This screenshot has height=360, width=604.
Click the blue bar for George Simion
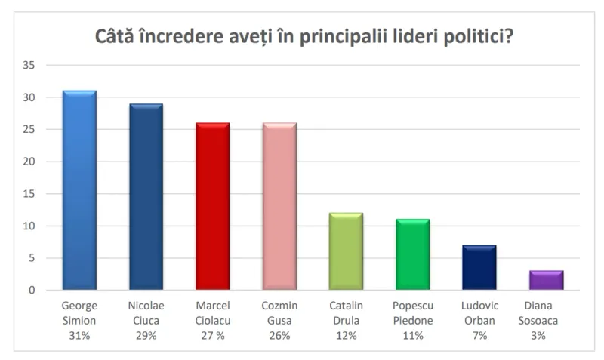(x=79, y=190)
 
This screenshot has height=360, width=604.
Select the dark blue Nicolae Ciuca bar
(x=146, y=197)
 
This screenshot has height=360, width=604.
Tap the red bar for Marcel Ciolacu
(x=213, y=206)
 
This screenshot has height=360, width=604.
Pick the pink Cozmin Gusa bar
(x=279, y=206)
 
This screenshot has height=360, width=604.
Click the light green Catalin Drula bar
(x=347, y=251)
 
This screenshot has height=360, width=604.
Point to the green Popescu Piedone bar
(x=413, y=254)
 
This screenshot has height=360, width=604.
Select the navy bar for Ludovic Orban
(x=479, y=267)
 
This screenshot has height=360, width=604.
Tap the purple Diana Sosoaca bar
(x=547, y=280)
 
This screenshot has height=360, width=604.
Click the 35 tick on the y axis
(x=29, y=65)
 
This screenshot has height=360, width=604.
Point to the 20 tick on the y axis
(x=29, y=162)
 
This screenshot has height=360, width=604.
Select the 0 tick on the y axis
(x=32, y=291)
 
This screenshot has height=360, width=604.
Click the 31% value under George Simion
(x=79, y=336)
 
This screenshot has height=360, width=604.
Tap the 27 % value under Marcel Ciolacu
(x=213, y=336)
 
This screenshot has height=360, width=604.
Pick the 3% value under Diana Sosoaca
(x=538, y=336)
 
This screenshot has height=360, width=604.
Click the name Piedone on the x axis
(x=413, y=321)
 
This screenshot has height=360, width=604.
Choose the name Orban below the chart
(x=479, y=321)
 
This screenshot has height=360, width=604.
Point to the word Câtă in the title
(x=114, y=36)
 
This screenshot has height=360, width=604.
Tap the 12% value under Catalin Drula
(x=347, y=336)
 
